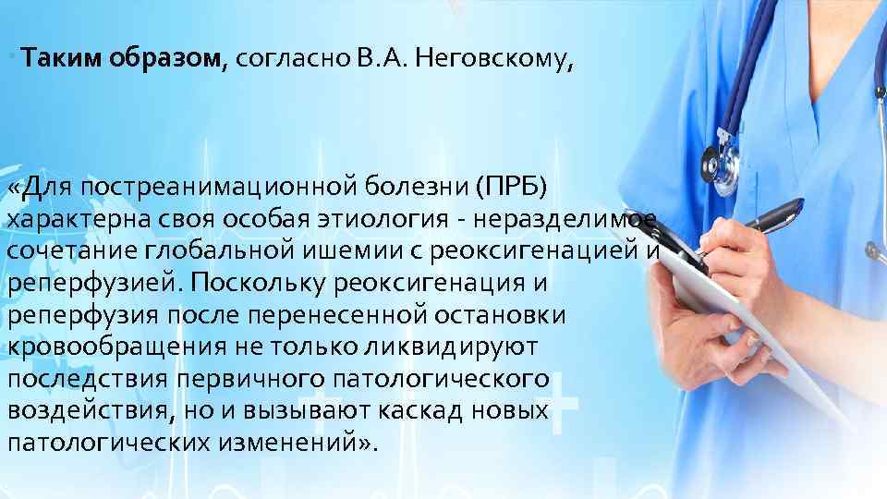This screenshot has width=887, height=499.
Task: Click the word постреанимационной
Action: (223, 189)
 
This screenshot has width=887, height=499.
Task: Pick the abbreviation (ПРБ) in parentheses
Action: (511, 189)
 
